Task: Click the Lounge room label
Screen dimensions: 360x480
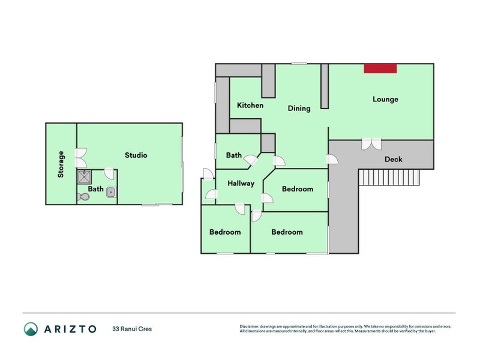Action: pos(385,99)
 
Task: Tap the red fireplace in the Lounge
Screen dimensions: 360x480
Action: pos(380,68)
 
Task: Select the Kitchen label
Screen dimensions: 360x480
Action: pos(250,105)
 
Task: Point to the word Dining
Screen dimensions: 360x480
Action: pos(299,109)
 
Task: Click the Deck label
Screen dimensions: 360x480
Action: pos(394,159)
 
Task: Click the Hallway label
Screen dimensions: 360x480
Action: pos(241,184)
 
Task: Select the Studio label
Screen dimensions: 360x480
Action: pos(136,155)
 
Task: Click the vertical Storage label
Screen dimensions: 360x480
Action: pos(61,164)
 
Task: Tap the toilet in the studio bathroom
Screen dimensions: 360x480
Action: pos(83,196)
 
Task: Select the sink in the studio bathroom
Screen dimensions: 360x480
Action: pos(111,192)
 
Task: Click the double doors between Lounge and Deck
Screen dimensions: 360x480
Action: pos(371,144)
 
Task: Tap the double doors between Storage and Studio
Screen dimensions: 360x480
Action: pos(80,158)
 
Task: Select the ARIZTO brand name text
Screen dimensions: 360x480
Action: pos(70,329)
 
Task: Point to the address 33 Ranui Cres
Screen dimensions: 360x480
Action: pos(133,329)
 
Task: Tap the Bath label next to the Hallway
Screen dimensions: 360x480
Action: pos(234,155)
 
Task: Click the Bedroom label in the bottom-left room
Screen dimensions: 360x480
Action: pos(225,232)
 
